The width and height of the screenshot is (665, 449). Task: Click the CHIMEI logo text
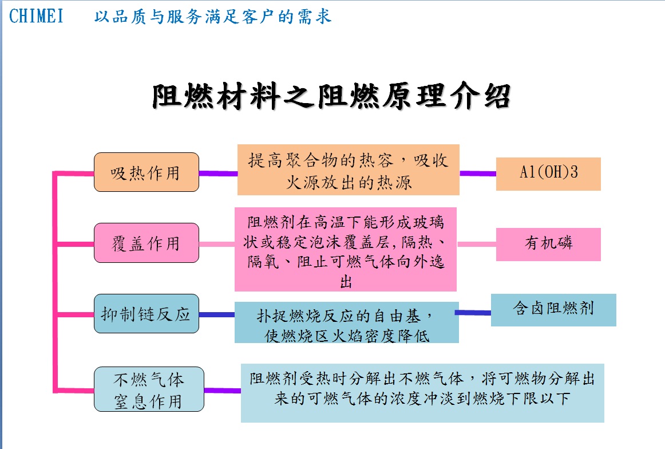(37, 16)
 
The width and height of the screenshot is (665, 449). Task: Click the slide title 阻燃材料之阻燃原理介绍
(331, 96)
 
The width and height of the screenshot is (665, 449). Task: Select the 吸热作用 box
(147, 172)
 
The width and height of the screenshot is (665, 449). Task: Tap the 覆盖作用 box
(147, 243)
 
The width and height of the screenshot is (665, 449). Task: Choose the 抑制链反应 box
(147, 314)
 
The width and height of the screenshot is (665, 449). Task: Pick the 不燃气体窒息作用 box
(149, 389)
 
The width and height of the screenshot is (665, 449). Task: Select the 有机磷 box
(548, 245)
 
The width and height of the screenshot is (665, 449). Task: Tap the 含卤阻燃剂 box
(553, 310)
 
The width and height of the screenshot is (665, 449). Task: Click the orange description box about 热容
(348, 170)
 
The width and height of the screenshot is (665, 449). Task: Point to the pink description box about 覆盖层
(346, 250)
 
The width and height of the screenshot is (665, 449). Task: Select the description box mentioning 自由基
(346, 322)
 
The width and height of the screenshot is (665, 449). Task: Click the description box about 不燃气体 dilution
(422, 393)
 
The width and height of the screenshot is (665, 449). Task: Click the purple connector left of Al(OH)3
(478, 174)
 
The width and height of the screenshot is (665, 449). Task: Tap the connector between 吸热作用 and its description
(219, 174)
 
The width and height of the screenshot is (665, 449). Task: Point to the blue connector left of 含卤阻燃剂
(473, 313)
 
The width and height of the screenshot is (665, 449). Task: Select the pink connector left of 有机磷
(477, 245)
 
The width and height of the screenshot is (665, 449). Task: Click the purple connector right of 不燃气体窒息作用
(223, 391)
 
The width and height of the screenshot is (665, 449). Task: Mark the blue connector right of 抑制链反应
(217, 315)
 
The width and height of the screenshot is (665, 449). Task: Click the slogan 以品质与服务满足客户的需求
(213, 17)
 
